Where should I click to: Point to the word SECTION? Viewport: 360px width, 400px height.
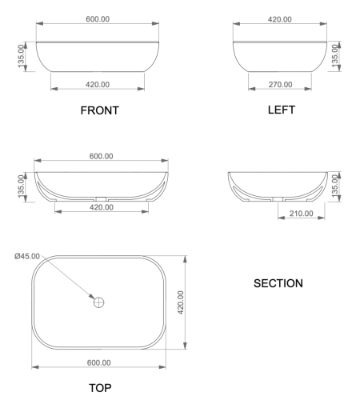click(x=278, y=283)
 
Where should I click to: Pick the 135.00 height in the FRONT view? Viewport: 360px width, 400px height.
click(x=22, y=57)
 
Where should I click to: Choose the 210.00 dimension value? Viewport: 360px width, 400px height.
click(x=299, y=213)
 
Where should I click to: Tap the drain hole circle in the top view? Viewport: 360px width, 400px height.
click(x=99, y=303)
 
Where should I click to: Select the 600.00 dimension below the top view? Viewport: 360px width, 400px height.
click(x=100, y=362)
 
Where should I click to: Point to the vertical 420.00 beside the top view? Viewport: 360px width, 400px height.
click(x=182, y=302)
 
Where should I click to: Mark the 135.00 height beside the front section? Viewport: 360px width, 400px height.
click(x=22, y=186)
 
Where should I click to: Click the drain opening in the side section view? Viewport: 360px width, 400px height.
click(x=278, y=197)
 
